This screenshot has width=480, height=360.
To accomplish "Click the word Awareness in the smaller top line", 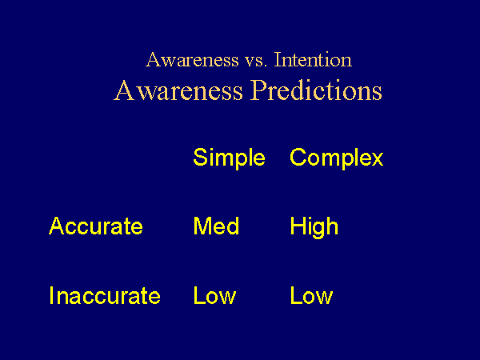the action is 192,60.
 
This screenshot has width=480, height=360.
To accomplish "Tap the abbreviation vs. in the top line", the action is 256,62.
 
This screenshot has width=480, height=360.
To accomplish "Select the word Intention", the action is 313,60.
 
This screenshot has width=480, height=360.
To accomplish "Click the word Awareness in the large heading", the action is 178,90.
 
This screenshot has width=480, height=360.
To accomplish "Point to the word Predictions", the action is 317,90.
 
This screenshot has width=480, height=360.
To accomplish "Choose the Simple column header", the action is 229,158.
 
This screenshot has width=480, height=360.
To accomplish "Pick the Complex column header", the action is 337,158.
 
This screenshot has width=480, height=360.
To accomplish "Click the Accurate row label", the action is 96,226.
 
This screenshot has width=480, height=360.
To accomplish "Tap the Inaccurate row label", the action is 105,295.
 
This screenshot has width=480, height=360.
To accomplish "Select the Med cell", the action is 216,226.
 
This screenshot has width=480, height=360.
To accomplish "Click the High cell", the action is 314,227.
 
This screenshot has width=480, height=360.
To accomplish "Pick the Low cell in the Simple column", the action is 214,295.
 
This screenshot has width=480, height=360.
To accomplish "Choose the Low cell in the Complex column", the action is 311,295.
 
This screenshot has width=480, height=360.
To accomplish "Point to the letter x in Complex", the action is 377,159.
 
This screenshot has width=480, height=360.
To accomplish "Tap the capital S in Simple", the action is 201,157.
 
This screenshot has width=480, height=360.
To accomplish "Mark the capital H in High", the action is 298,226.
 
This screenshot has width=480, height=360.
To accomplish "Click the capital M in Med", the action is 202,226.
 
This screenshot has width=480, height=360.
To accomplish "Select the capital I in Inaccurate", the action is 51,295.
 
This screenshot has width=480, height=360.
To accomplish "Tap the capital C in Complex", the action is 298,157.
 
